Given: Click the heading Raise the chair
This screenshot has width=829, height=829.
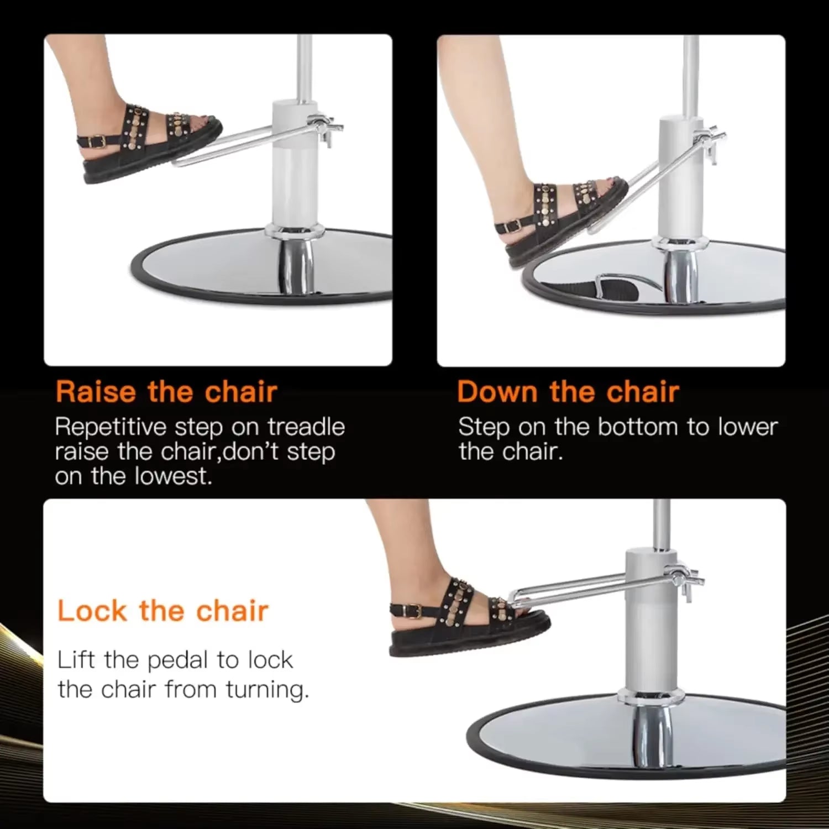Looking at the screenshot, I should (166, 392).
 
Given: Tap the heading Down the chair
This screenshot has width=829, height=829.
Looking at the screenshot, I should (568, 392).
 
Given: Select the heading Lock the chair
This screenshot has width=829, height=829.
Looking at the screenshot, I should (162, 611).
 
